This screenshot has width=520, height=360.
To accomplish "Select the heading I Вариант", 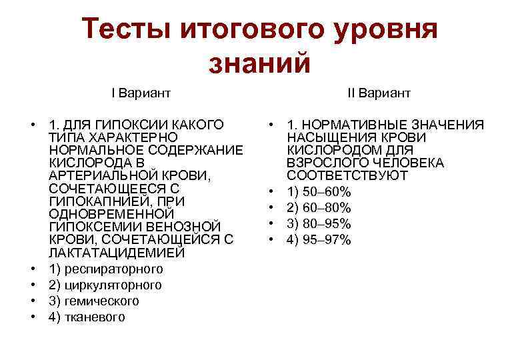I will click(x=141, y=93).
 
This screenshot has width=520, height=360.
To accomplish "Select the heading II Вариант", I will click(x=379, y=93).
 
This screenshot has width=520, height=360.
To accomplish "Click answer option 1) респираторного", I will click(x=106, y=269).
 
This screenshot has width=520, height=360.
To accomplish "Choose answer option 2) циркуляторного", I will click(x=105, y=285).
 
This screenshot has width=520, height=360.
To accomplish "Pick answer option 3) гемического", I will click(x=94, y=301).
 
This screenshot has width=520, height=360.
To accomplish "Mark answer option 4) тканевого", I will click(x=87, y=317).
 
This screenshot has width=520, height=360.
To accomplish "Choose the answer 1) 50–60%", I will click(x=319, y=192).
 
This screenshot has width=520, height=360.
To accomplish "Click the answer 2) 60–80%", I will click(x=319, y=208).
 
